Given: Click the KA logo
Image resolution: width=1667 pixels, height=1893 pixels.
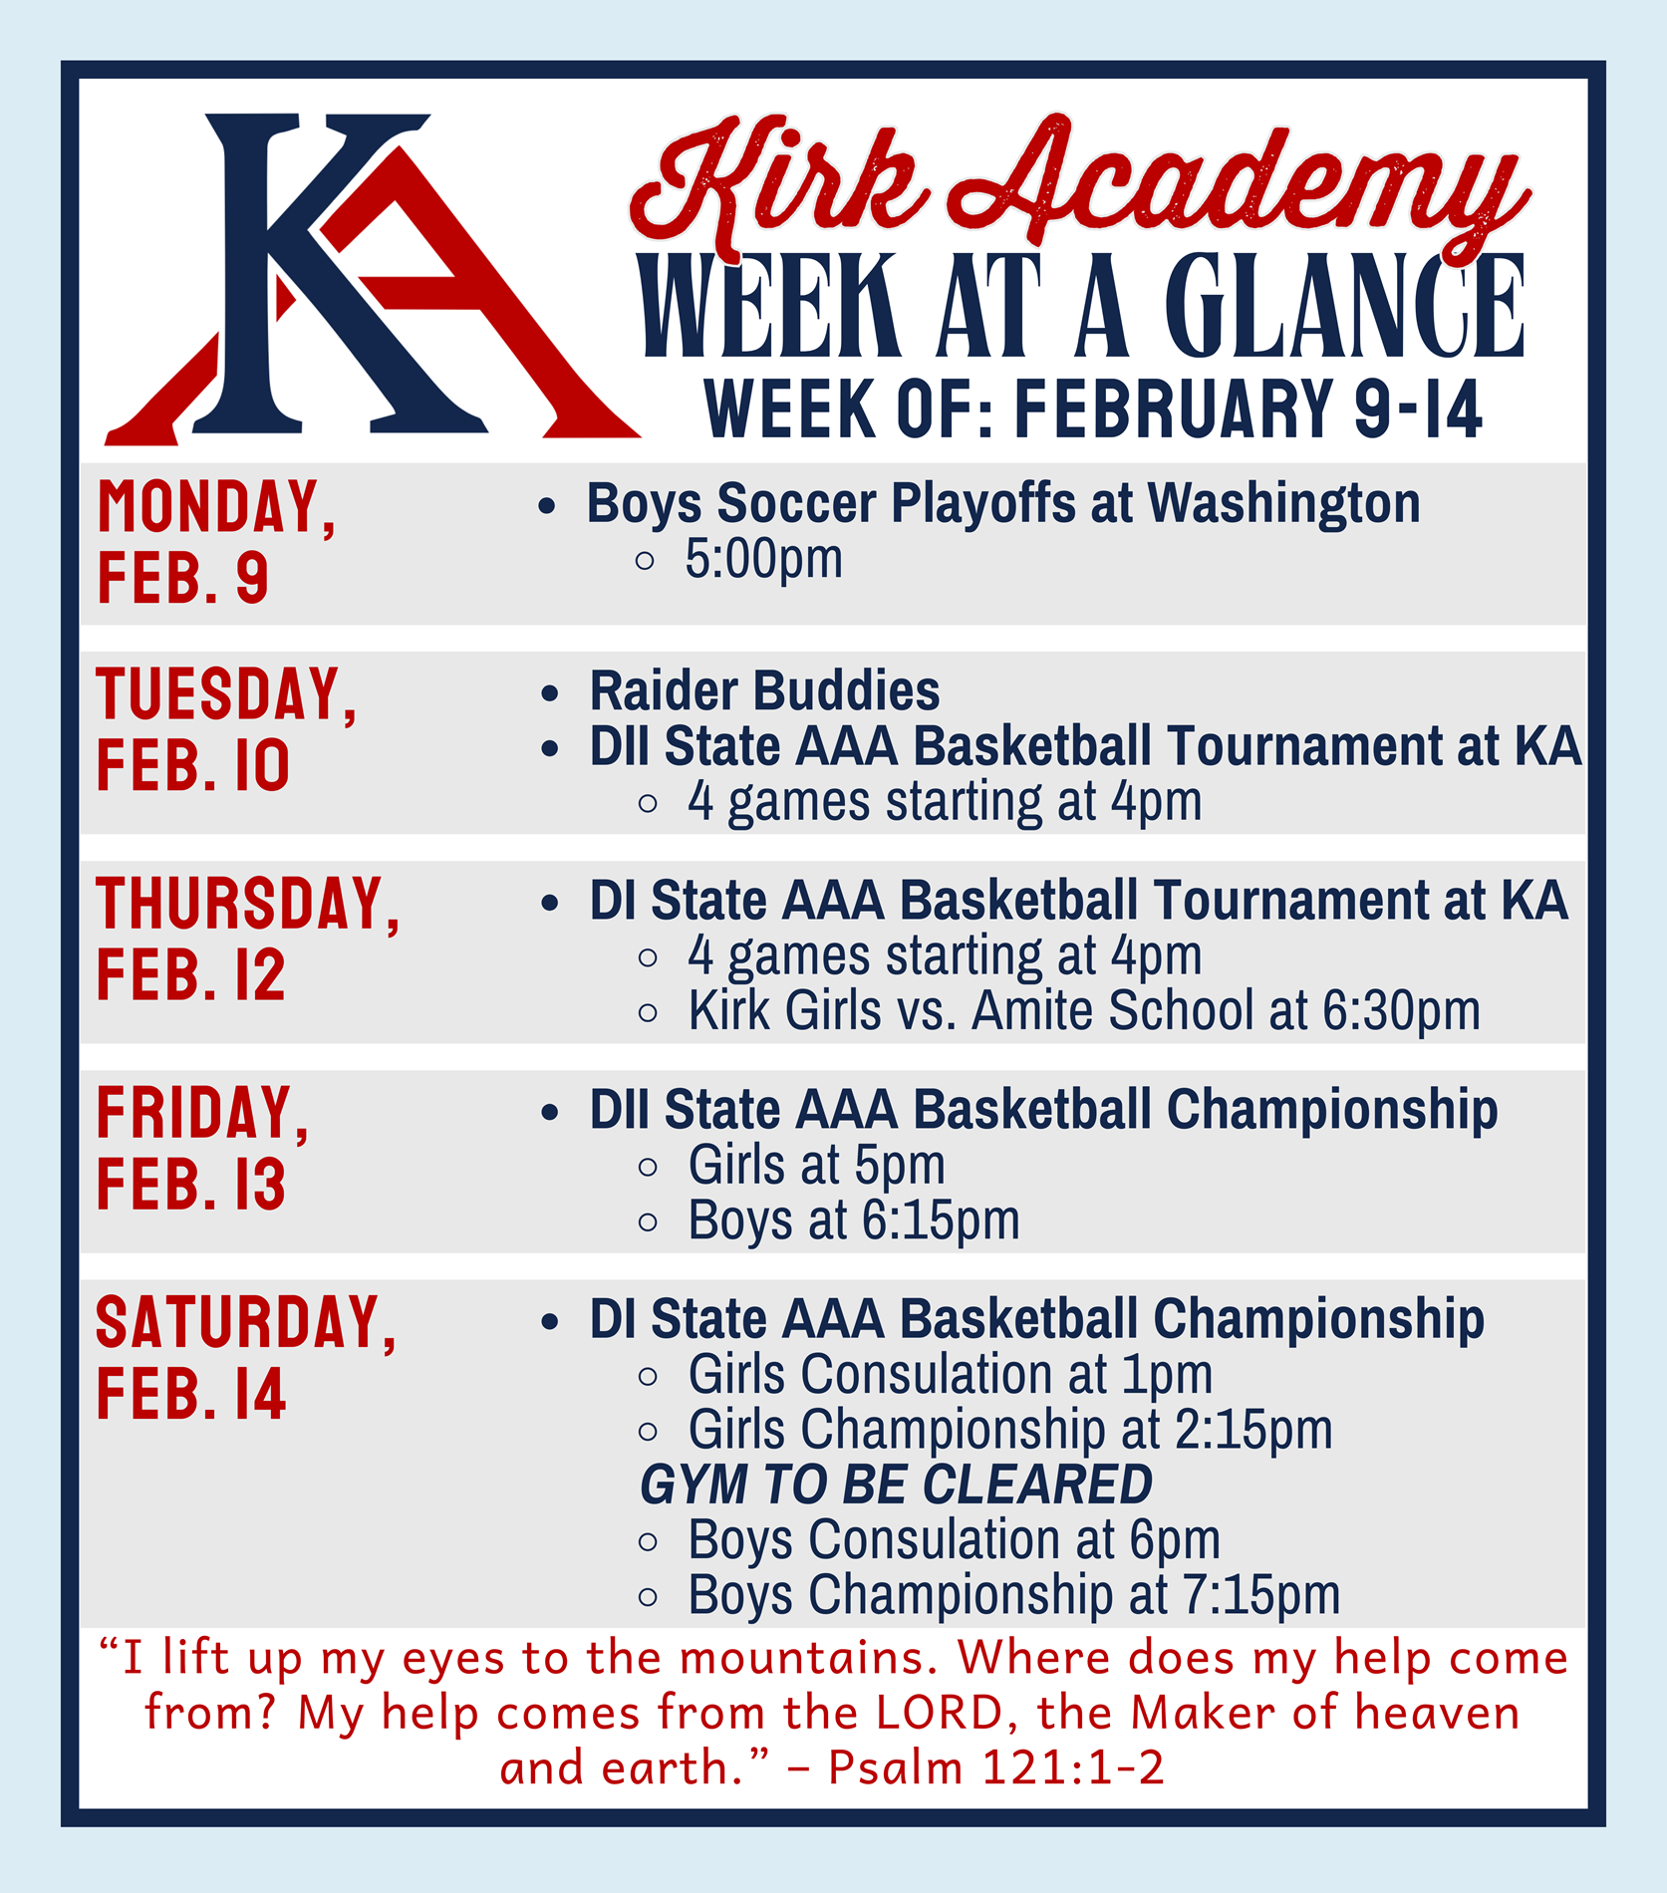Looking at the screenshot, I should [369, 279].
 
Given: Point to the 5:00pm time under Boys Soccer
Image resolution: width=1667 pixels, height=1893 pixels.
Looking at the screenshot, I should [763, 559].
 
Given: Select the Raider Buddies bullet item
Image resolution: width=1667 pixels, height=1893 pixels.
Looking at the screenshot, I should [764, 691].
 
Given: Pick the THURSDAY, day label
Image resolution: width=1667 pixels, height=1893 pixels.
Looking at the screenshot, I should [247, 904].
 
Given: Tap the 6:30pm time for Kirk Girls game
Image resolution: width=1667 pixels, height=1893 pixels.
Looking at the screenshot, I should [1401, 1011].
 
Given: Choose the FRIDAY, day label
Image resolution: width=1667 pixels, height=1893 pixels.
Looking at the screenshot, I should [202, 1113].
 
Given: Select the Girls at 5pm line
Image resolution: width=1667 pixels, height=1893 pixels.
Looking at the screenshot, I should [816, 1166].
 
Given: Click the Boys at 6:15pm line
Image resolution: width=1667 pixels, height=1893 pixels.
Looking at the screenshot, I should [854, 1220].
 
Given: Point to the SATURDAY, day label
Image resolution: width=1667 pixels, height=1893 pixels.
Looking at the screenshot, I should [246, 1322].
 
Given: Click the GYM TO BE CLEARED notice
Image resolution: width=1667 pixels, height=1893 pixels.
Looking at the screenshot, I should [896, 1485].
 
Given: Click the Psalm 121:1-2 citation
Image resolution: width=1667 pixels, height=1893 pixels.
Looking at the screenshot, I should [995, 1768].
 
